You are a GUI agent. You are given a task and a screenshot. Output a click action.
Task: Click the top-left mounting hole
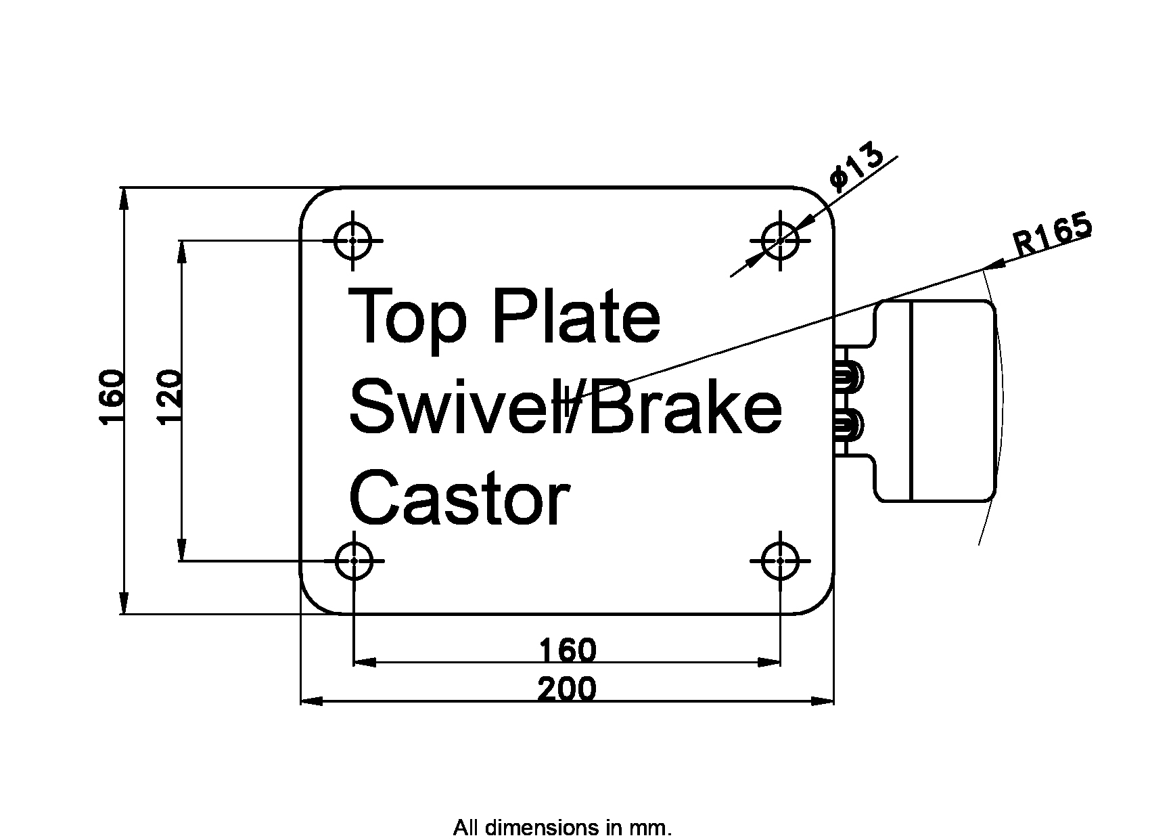coord(353,240)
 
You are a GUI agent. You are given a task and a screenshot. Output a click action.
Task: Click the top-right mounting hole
coord(781,240)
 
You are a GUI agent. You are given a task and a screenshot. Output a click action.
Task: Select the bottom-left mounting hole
coord(353,560)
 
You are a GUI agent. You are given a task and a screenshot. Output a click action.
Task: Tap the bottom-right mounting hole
coord(781,560)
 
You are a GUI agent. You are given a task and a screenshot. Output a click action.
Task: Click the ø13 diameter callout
coord(856,167)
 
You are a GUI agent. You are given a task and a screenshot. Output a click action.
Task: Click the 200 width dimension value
coord(567,690)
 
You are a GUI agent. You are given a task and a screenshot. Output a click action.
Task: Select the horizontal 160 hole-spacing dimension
coord(568,650)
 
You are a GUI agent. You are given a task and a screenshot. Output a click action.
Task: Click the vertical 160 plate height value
coord(112,397)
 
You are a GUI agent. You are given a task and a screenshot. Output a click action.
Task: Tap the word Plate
coord(576,315)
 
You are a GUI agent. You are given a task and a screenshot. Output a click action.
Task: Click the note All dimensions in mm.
coord(562,828)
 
